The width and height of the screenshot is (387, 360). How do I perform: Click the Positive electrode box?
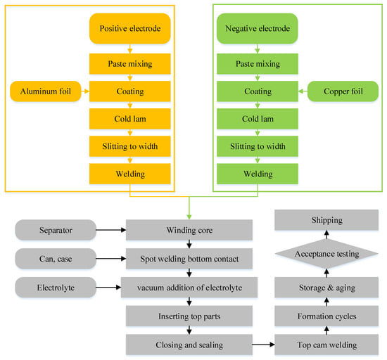tap(129, 29)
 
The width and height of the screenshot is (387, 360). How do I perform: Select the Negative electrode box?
tap(258, 29)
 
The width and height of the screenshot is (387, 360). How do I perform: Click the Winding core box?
tap(188, 230)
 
